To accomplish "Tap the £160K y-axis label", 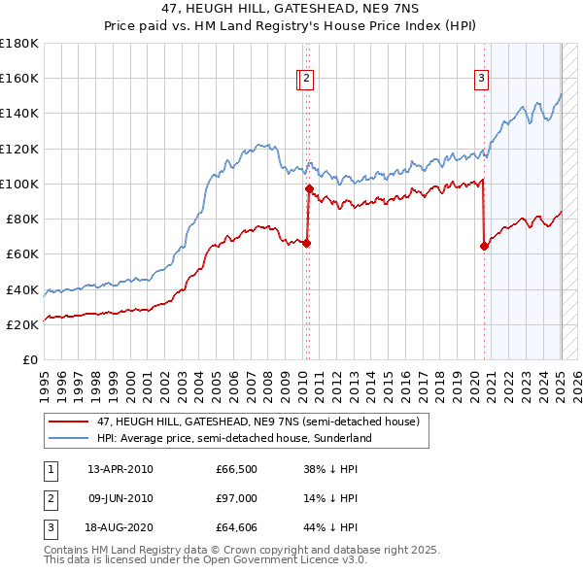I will click(x=19, y=78).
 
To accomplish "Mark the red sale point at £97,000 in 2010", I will click(x=309, y=189).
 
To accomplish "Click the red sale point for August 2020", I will click(x=484, y=247).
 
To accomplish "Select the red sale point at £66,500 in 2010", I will click(x=306, y=243).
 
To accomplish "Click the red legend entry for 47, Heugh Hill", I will click(x=257, y=421).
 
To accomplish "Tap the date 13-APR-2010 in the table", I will click(x=120, y=470).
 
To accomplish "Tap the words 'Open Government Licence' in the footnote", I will click(x=291, y=560).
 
